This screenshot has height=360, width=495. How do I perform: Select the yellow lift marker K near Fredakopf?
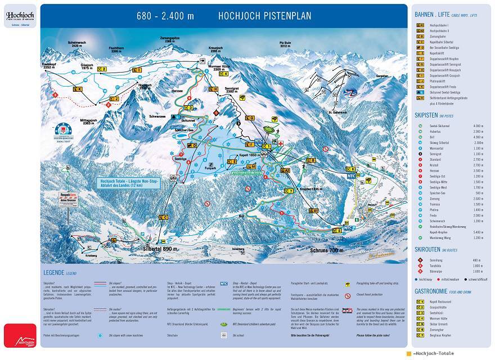(x=78, y=89)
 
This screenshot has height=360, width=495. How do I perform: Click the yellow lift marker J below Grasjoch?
(x=114, y=98)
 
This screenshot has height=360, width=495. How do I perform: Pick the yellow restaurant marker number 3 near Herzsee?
(x=190, y=107)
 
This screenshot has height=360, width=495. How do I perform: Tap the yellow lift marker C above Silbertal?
(x=165, y=217)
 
